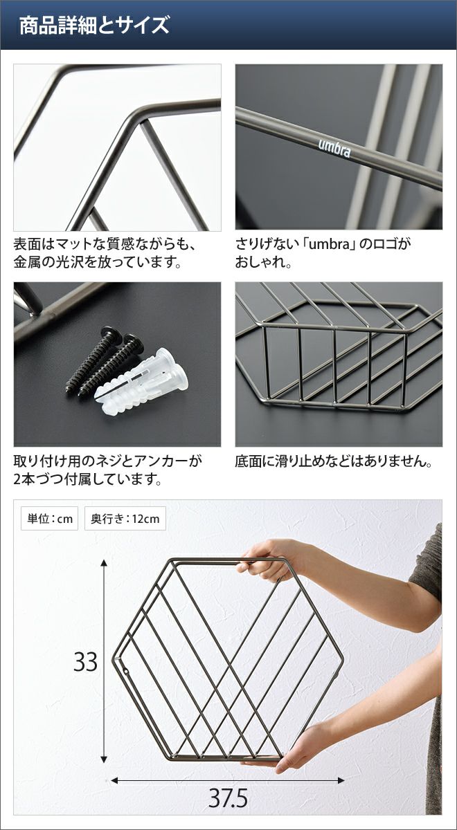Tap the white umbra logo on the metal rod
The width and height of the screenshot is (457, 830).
(x=334, y=147)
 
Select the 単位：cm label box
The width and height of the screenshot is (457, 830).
(x=49, y=518)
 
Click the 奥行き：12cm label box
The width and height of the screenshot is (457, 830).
(x=125, y=518)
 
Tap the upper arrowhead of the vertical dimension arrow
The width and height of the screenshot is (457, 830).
(x=105, y=564)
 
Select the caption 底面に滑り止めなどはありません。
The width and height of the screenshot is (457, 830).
(x=334, y=462)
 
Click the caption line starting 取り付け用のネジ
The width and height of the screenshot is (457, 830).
(x=108, y=462)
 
